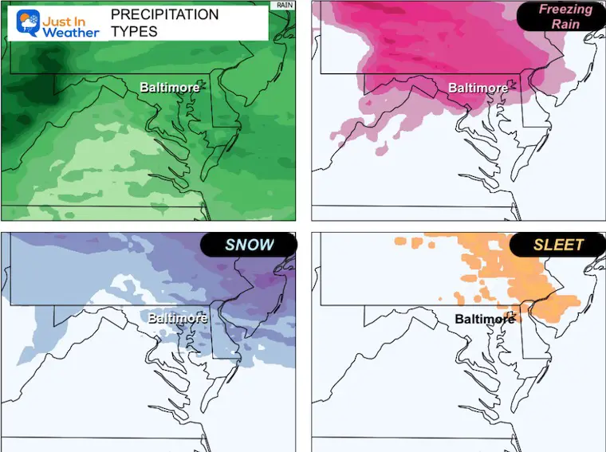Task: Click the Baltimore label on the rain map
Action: [170, 87]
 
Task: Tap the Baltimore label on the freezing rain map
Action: [478, 88]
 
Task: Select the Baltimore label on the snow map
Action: [178, 318]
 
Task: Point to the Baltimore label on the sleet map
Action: [485, 319]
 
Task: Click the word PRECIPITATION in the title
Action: [163, 15]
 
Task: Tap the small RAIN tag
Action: [284, 5]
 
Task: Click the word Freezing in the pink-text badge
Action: [565, 10]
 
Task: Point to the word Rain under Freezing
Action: [565, 24]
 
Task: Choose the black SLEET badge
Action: [558, 245]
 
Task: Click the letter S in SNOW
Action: [230, 245]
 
